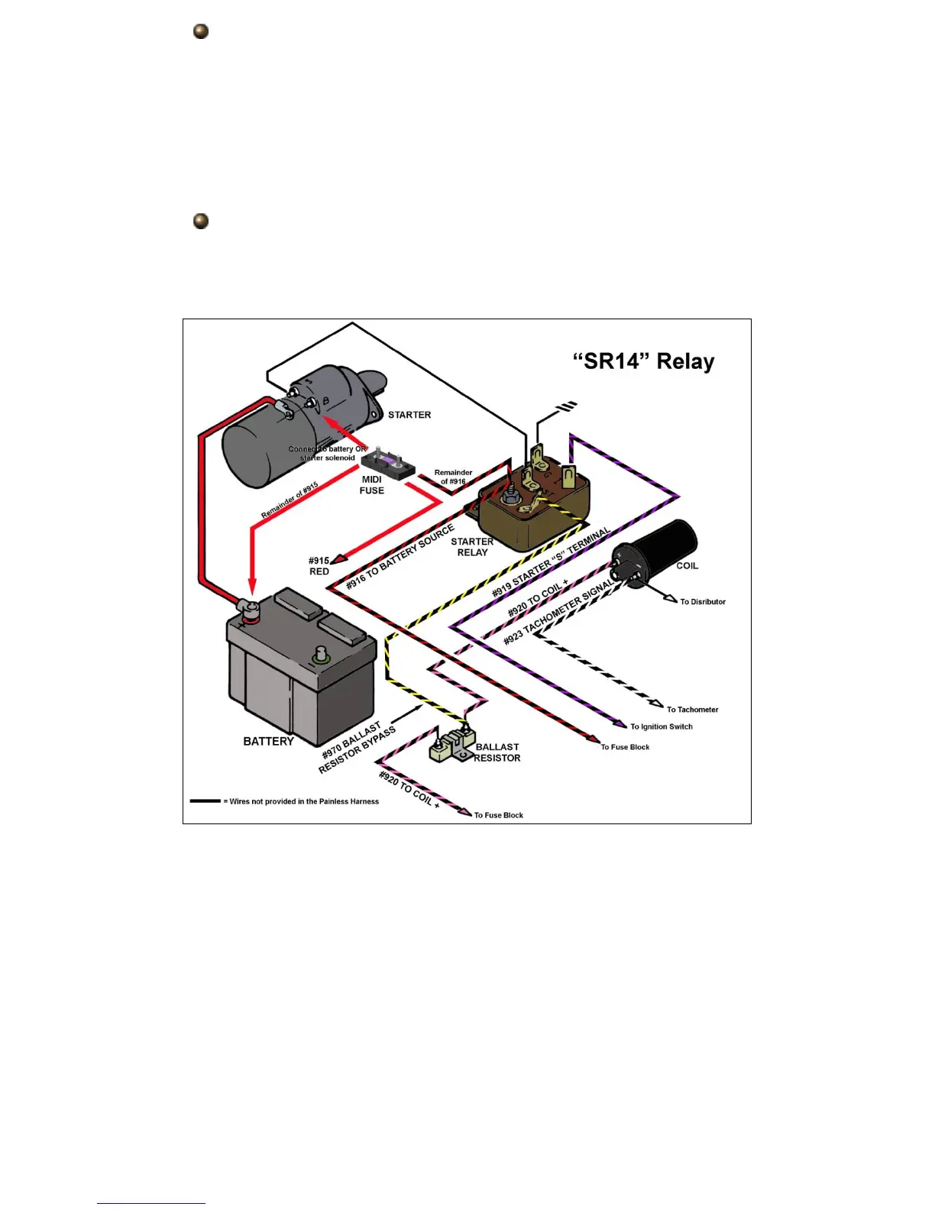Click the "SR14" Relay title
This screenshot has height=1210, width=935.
coord(643,361)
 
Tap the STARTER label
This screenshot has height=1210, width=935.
coord(409,415)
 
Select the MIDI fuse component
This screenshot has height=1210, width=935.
coord(388,463)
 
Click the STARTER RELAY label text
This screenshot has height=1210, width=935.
coord(472,547)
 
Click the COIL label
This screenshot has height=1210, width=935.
coord(687,566)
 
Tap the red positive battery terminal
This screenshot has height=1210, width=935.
coord(248,609)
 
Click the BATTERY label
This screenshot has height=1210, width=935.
coord(268,741)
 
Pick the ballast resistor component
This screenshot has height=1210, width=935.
coord(452,744)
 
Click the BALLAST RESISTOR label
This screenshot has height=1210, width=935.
coord(497,752)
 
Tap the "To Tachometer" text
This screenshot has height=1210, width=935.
coord(692,710)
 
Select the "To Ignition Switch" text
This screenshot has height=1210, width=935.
coord(662,726)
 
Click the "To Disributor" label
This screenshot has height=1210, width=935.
coord(703,602)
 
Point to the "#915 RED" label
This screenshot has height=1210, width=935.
coord(319,566)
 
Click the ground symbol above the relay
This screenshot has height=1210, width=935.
coord(567,407)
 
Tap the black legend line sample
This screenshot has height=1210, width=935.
coord(205,801)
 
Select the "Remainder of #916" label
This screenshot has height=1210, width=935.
coord(453,477)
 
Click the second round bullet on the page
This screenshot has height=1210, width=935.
coord(201,222)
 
